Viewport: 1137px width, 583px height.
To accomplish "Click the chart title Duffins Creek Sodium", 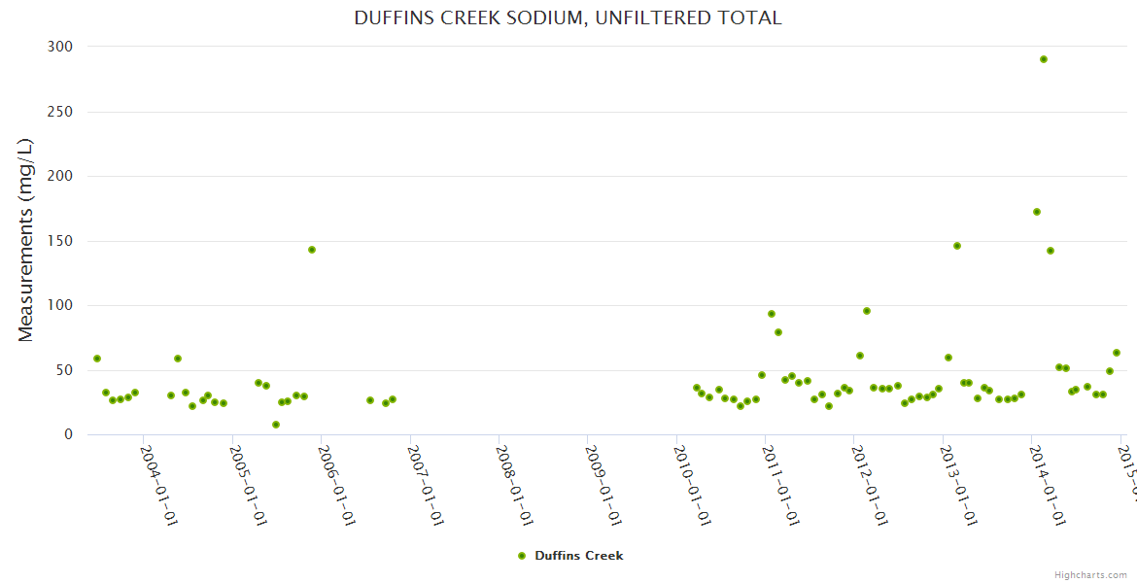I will click(x=568, y=18).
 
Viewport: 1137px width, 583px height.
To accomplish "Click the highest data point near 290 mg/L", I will click(x=1044, y=59).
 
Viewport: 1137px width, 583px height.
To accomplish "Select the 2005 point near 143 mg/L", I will click(x=312, y=250).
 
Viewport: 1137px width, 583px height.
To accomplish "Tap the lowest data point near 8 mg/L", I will click(x=276, y=425).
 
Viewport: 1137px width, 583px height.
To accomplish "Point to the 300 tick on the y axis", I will click(x=60, y=47).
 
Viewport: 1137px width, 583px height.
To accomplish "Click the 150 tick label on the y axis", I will click(x=60, y=241).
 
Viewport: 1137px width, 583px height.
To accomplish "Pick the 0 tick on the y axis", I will click(x=68, y=434).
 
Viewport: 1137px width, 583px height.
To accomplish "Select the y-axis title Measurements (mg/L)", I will click(x=26, y=239).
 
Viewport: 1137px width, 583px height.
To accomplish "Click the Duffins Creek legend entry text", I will click(x=579, y=556).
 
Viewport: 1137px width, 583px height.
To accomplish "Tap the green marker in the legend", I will click(x=522, y=556).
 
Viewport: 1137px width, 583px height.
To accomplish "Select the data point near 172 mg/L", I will click(x=1037, y=212).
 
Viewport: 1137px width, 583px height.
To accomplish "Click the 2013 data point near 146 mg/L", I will click(x=957, y=246).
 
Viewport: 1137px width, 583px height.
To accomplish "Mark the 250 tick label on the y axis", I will click(x=60, y=112).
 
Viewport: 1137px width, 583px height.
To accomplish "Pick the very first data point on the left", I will click(x=97, y=359).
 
